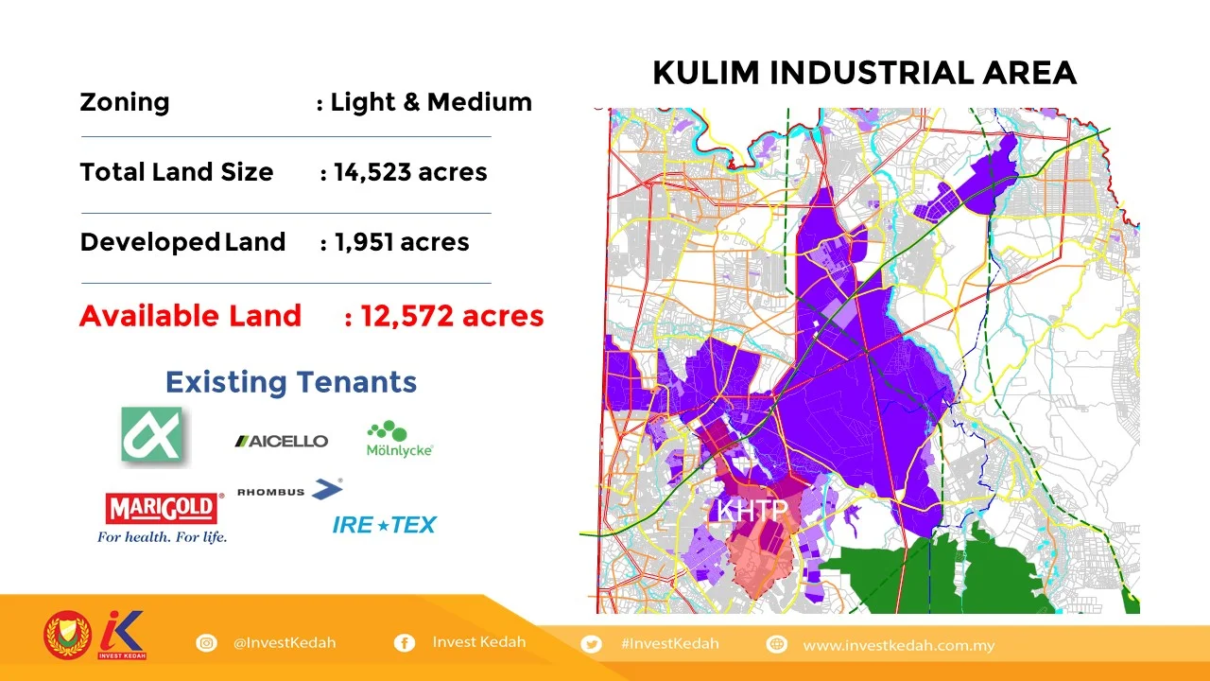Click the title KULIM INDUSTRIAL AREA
(864, 73)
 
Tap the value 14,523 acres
(410, 172)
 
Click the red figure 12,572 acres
(452, 316)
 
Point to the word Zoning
(124, 102)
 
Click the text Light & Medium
(431, 102)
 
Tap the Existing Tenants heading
(291, 382)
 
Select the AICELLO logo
(282, 441)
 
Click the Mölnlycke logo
(400, 440)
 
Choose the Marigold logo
(163, 516)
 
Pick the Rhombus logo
(289, 490)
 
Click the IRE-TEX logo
(384, 525)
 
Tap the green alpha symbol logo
(152, 435)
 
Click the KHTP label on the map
(752, 512)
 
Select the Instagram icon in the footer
(206, 643)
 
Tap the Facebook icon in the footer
(404, 643)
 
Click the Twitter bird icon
(592, 644)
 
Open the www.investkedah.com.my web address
(898, 645)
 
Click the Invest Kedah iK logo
(122, 635)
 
